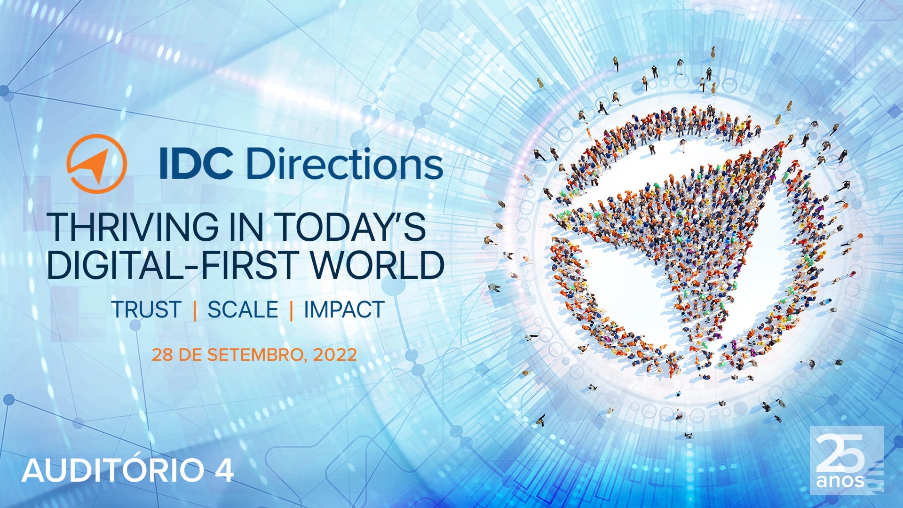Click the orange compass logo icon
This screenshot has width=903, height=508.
click(x=96, y=164)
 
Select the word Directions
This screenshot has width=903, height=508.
click(x=344, y=164)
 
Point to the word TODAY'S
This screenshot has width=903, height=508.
click(x=350, y=227)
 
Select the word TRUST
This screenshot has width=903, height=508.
click(x=146, y=310)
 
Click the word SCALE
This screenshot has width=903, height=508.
click(x=243, y=310)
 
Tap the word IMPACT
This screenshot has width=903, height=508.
click(x=344, y=310)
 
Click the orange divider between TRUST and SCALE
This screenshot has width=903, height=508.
click(x=195, y=310)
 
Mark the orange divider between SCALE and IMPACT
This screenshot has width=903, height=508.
click(x=292, y=310)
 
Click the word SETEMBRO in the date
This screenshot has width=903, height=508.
click(x=255, y=354)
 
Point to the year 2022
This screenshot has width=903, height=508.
click(x=335, y=354)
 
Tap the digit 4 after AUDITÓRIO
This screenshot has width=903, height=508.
click(x=224, y=470)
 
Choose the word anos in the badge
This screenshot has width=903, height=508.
click(x=840, y=481)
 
